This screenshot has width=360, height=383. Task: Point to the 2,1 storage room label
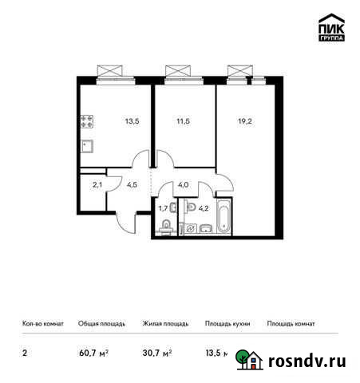[97, 185]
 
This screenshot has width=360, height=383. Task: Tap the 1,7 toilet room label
[163, 210]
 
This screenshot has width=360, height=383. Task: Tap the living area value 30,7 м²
[157, 353]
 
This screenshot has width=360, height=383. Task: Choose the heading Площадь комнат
[291, 324]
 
